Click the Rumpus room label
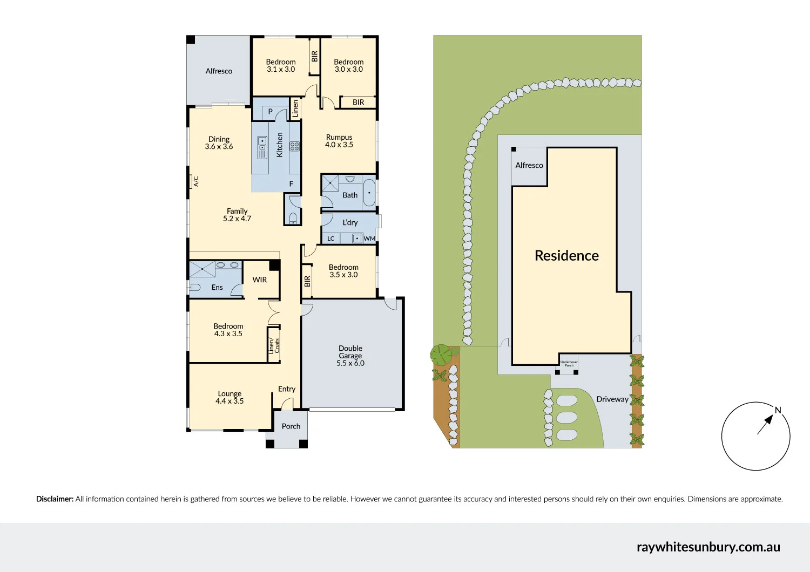(339, 141)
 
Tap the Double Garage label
(350, 356)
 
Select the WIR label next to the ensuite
(260, 280)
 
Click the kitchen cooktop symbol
(295, 146)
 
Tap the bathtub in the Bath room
(369, 193)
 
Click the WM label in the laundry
(369, 239)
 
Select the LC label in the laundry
(331, 239)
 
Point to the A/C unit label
(196, 181)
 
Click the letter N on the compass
(778, 410)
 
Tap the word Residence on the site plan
(566, 256)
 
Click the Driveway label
(612, 399)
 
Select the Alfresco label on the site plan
(529, 165)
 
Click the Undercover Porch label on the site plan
(569, 364)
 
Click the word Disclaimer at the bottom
(55, 499)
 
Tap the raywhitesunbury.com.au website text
(708, 547)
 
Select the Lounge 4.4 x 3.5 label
(230, 397)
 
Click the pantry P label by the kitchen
(271, 112)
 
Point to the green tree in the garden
(441, 355)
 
